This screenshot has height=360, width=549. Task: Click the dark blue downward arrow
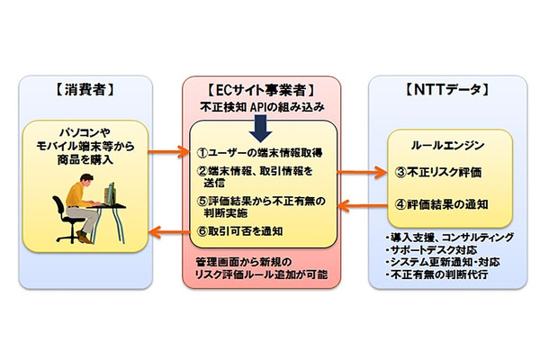click(260, 129)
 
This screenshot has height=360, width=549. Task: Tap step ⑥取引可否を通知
click(247, 230)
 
